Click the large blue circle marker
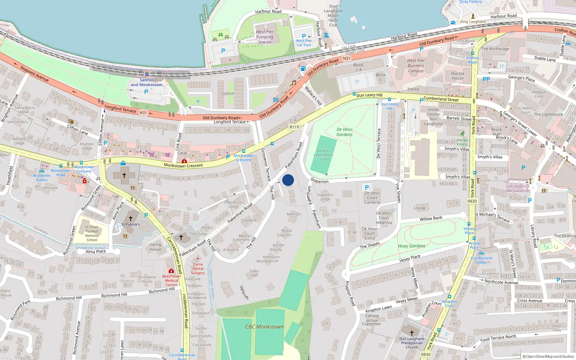(x=288, y=180)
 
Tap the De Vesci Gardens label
(x=345, y=132)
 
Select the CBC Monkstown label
(x=264, y=327)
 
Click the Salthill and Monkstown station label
(x=147, y=82)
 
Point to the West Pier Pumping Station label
(x=265, y=37)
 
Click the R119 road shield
(x=294, y=127)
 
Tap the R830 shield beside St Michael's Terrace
(x=472, y=201)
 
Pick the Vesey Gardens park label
(x=411, y=246)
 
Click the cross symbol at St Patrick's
(x=131, y=218)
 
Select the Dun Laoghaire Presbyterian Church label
(x=412, y=343)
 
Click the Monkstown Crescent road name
(x=183, y=166)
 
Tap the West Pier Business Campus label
(x=416, y=66)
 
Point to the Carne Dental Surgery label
(x=198, y=269)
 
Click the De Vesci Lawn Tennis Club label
(x=323, y=155)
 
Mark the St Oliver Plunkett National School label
(x=92, y=233)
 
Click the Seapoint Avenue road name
(x=34, y=73)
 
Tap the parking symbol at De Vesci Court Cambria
(x=367, y=188)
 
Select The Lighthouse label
(x=548, y=114)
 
